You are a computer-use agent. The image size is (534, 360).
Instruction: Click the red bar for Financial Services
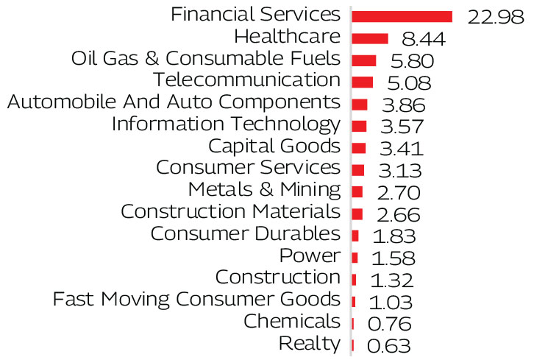402,16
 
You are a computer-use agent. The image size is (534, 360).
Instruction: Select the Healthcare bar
370,38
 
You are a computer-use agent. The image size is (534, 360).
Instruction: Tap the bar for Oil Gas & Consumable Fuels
364,60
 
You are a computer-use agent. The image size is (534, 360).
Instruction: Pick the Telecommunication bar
363,82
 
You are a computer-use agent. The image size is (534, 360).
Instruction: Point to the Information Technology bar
359,126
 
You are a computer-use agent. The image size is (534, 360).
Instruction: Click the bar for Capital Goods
359,148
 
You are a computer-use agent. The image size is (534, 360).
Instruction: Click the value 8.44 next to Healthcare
421,39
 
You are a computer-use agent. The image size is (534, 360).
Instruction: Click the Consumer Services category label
248,168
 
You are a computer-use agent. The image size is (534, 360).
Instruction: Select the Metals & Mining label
264,190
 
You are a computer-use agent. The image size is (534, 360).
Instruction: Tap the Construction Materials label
230,212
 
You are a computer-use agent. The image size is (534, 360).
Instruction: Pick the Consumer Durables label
245,234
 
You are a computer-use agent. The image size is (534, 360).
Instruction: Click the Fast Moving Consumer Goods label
196,300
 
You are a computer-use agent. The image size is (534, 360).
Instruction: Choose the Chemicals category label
291,322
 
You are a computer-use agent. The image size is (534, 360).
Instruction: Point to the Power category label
310,256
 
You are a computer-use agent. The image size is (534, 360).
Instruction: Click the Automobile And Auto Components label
173,102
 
